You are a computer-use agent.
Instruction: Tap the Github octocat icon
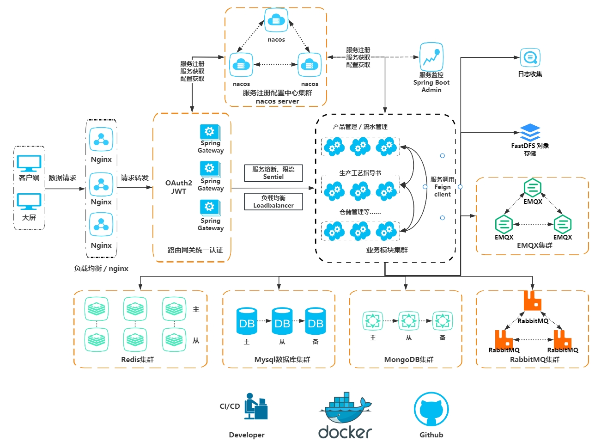click(431, 409)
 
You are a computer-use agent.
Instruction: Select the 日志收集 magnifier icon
click(530, 58)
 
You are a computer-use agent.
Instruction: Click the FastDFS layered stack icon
click(530, 132)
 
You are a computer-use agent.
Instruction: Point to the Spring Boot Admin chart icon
click(431, 57)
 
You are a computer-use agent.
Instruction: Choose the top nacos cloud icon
click(276, 20)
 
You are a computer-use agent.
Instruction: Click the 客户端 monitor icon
click(29, 164)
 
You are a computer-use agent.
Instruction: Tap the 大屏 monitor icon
click(29, 202)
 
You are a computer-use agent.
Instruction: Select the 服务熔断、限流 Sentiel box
click(273, 173)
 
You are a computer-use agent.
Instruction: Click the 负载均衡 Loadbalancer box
click(273, 202)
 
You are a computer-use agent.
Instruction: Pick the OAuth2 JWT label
click(179, 187)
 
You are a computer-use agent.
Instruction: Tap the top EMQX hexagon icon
click(533, 188)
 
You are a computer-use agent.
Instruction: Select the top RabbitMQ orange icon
click(533, 301)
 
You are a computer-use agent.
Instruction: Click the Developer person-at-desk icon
click(256, 406)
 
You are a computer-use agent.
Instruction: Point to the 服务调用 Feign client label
click(442, 187)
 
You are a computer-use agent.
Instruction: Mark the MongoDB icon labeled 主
click(373, 320)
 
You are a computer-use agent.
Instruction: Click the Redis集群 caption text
click(137, 359)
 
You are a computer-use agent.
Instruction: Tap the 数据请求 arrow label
click(62, 178)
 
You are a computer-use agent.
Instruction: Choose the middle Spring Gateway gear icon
click(210, 168)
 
